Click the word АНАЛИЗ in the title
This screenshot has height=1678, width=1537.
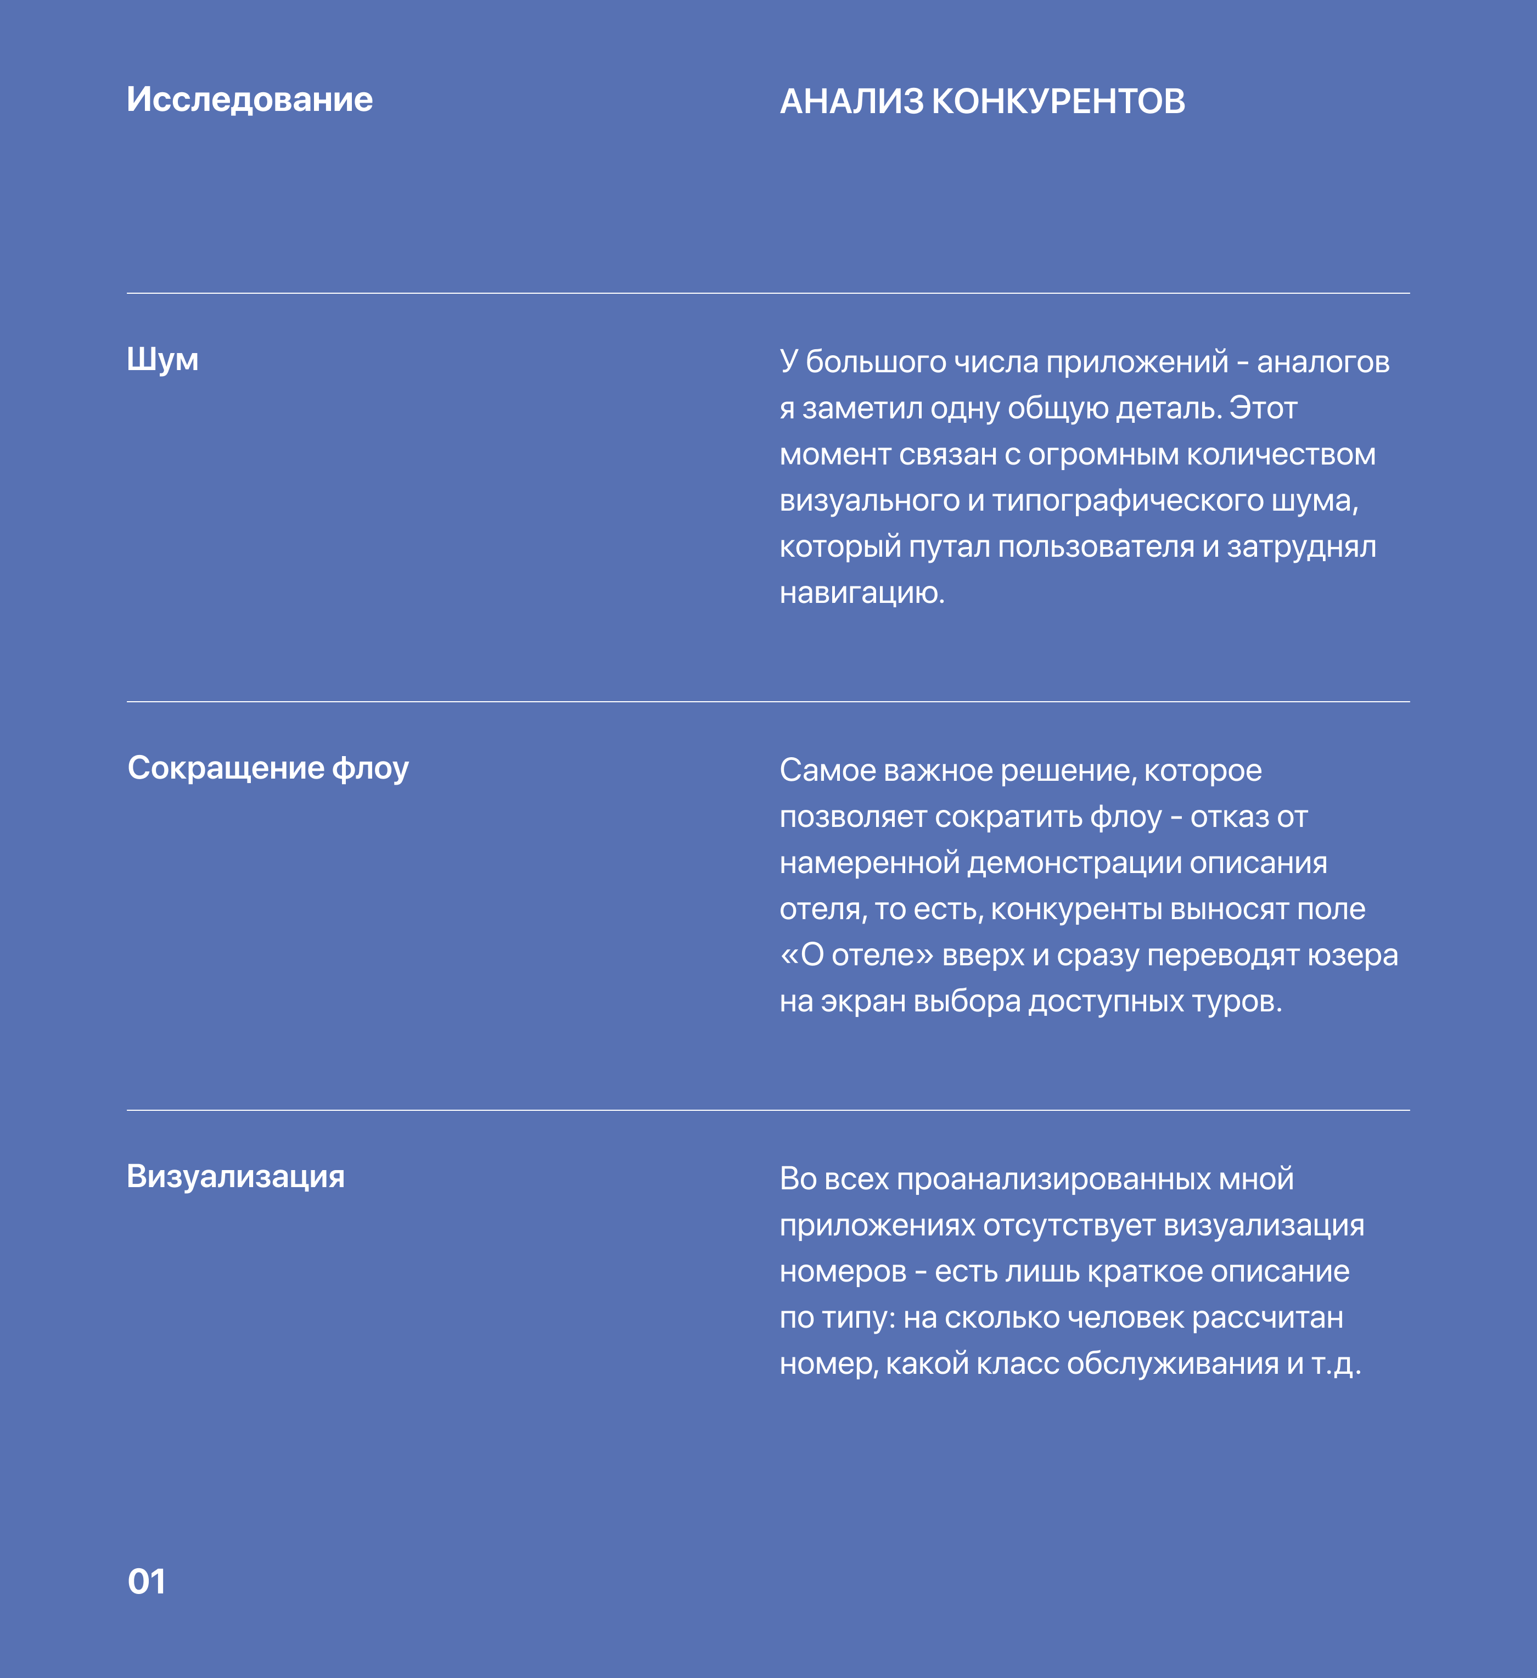(x=851, y=102)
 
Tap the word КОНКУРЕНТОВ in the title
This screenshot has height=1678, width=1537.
(x=1058, y=102)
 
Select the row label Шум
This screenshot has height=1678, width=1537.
(x=162, y=360)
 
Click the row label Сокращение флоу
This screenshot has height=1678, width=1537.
(x=267, y=768)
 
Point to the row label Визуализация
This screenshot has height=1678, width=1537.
(x=235, y=1176)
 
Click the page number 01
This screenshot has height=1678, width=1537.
(x=147, y=1581)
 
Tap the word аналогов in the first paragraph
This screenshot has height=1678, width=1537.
(x=1322, y=362)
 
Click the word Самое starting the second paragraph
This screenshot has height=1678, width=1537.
(x=827, y=771)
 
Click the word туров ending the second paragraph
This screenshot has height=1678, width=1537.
(x=1236, y=1002)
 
